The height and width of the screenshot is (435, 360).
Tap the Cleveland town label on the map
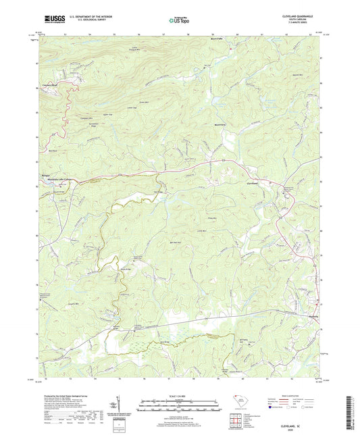[x=252, y=182]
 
